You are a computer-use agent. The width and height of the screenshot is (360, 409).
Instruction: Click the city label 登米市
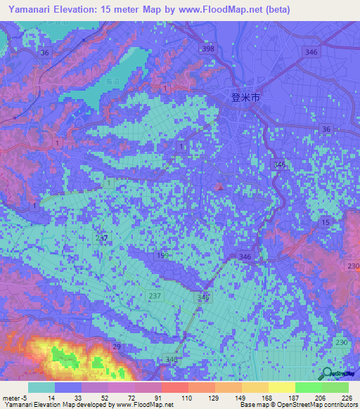[245, 98]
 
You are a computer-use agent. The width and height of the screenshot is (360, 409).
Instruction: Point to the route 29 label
[117, 348]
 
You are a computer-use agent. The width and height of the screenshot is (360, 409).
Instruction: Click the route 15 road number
[325, 222]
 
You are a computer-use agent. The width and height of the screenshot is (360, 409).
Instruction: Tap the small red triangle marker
[219, 187]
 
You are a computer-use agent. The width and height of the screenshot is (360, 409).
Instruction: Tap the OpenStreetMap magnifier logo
[328, 375]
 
